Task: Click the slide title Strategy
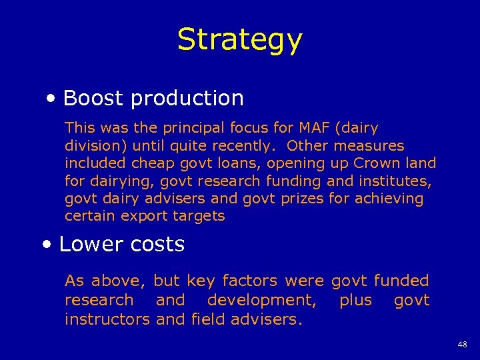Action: [x=239, y=40]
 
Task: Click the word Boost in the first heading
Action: [x=93, y=98]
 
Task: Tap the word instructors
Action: [x=107, y=319]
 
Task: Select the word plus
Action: [x=355, y=301]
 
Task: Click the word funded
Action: [x=401, y=281]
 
